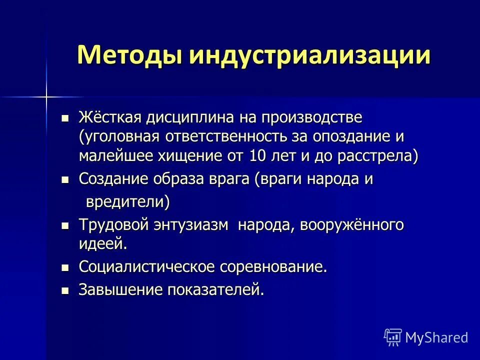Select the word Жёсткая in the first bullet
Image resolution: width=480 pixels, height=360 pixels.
[x=109, y=118]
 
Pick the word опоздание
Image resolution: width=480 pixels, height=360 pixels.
[x=352, y=136]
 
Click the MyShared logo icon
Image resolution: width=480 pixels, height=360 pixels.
[x=392, y=337]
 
